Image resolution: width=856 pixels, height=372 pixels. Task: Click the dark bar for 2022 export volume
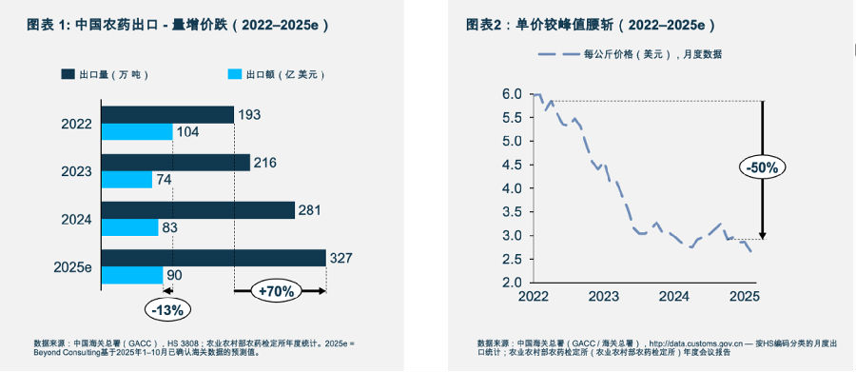pos(166,114)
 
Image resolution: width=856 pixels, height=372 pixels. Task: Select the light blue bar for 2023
pos(126,180)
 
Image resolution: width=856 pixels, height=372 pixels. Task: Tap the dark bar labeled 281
pos(198,210)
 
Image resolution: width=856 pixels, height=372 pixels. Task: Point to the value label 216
pos(265,163)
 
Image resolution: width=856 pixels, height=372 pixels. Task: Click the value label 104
pos(187,132)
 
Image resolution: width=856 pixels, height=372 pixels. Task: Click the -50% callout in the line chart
pos(761,167)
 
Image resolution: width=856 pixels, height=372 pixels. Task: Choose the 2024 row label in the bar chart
pos(77,219)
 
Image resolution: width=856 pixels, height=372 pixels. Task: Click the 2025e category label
pos(73,266)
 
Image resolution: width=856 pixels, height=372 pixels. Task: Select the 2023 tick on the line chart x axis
pos(603,297)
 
